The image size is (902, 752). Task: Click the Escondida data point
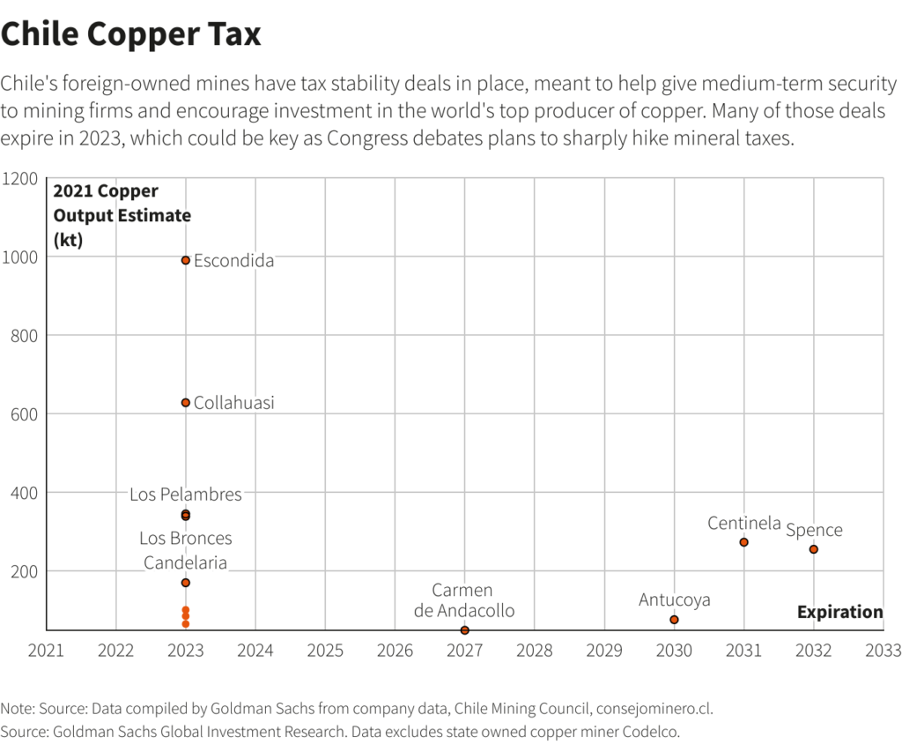(186, 260)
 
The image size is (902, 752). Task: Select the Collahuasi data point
(186, 403)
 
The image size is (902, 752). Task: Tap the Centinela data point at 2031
(743, 542)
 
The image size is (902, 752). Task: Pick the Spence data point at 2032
(813, 549)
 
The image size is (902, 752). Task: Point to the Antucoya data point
(674, 620)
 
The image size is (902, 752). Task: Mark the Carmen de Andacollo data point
(464, 630)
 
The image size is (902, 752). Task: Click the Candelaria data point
(186, 583)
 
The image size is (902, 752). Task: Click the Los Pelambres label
(185, 495)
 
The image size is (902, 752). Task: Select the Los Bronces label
(185, 538)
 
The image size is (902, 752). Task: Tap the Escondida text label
(233, 261)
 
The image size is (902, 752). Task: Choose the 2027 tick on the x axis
(464, 651)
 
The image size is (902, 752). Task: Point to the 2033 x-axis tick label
(883, 651)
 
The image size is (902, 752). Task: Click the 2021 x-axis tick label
(46, 651)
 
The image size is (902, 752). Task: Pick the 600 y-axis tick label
(26, 414)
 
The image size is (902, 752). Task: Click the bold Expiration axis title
(839, 612)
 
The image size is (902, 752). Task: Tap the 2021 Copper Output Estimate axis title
(122, 215)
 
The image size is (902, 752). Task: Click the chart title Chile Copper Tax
(131, 34)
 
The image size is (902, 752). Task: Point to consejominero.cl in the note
(654, 709)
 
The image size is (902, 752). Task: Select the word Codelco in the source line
(653, 732)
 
